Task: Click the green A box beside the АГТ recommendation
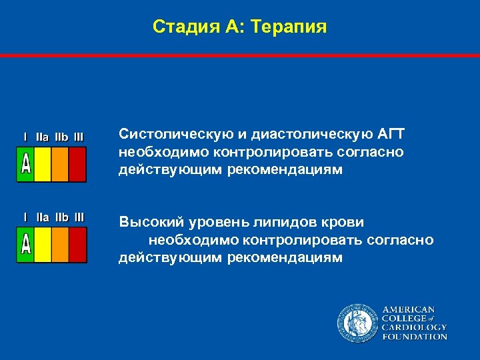tap(25, 164)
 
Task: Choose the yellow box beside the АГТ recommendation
tap(43, 164)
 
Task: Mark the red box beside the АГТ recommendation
tap(78, 164)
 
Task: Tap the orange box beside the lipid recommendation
tap(60, 245)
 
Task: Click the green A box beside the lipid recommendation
tap(25, 245)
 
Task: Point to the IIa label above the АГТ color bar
tap(42, 137)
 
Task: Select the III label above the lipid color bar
tap(79, 217)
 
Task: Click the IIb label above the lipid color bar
tap(61, 217)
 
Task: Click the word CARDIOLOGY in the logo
tap(414, 327)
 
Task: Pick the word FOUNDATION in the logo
tap(414, 337)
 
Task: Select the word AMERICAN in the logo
tap(408, 310)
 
